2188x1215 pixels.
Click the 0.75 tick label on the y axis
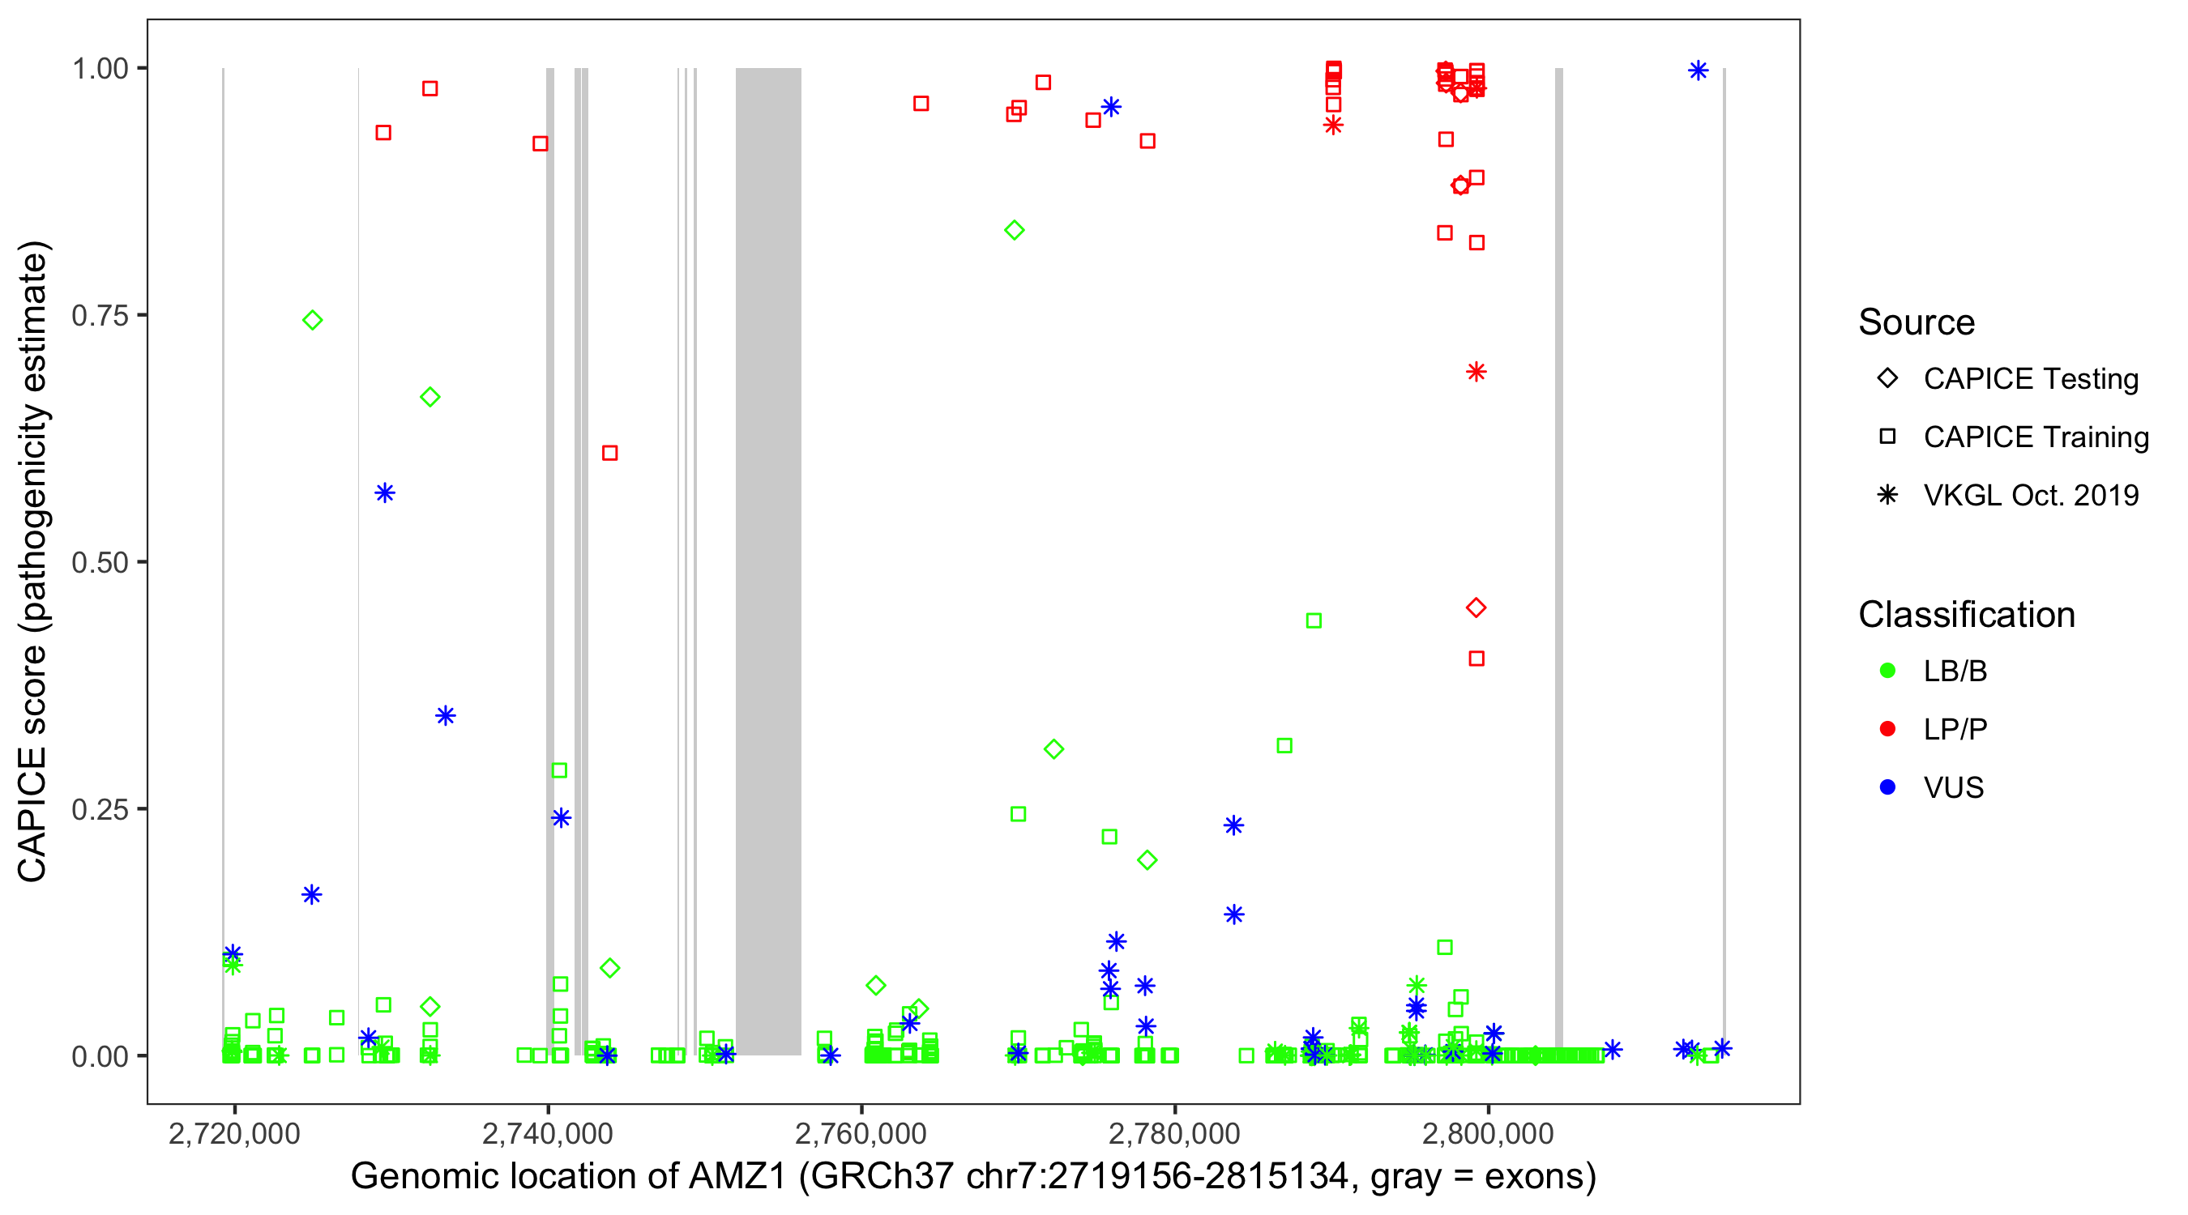coord(99,316)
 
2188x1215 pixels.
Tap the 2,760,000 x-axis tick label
coord(861,1133)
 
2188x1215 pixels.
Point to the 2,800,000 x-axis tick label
coord(1487,1133)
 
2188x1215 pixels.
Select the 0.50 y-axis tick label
coord(99,562)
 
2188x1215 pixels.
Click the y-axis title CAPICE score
coord(33,561)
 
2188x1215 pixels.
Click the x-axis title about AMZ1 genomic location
coord(972,1177)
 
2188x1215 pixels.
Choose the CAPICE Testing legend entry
coord(2030,379)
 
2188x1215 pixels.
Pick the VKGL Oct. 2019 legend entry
coord(2030,495)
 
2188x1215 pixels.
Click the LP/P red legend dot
coord(1887,729)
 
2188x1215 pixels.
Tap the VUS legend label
coord(1953,788)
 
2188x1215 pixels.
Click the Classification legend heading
coord(1965,615)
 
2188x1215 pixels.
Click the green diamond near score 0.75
coord(313,320)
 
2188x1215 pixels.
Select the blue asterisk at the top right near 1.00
coord(1697,70)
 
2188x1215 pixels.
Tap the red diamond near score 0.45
coord(1476,608)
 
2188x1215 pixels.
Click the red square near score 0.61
coord(609,454)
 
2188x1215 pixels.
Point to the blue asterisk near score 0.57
coord(385,493)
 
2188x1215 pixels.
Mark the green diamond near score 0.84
coord(1013,230)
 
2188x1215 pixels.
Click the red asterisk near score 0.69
coord(1476,372)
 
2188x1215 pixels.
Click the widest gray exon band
coord(768,561)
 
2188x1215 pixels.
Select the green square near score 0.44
coord(1313,620)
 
